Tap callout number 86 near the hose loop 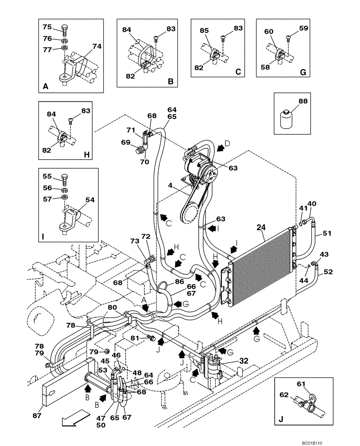pyautogui.click(x=179, y=282)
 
